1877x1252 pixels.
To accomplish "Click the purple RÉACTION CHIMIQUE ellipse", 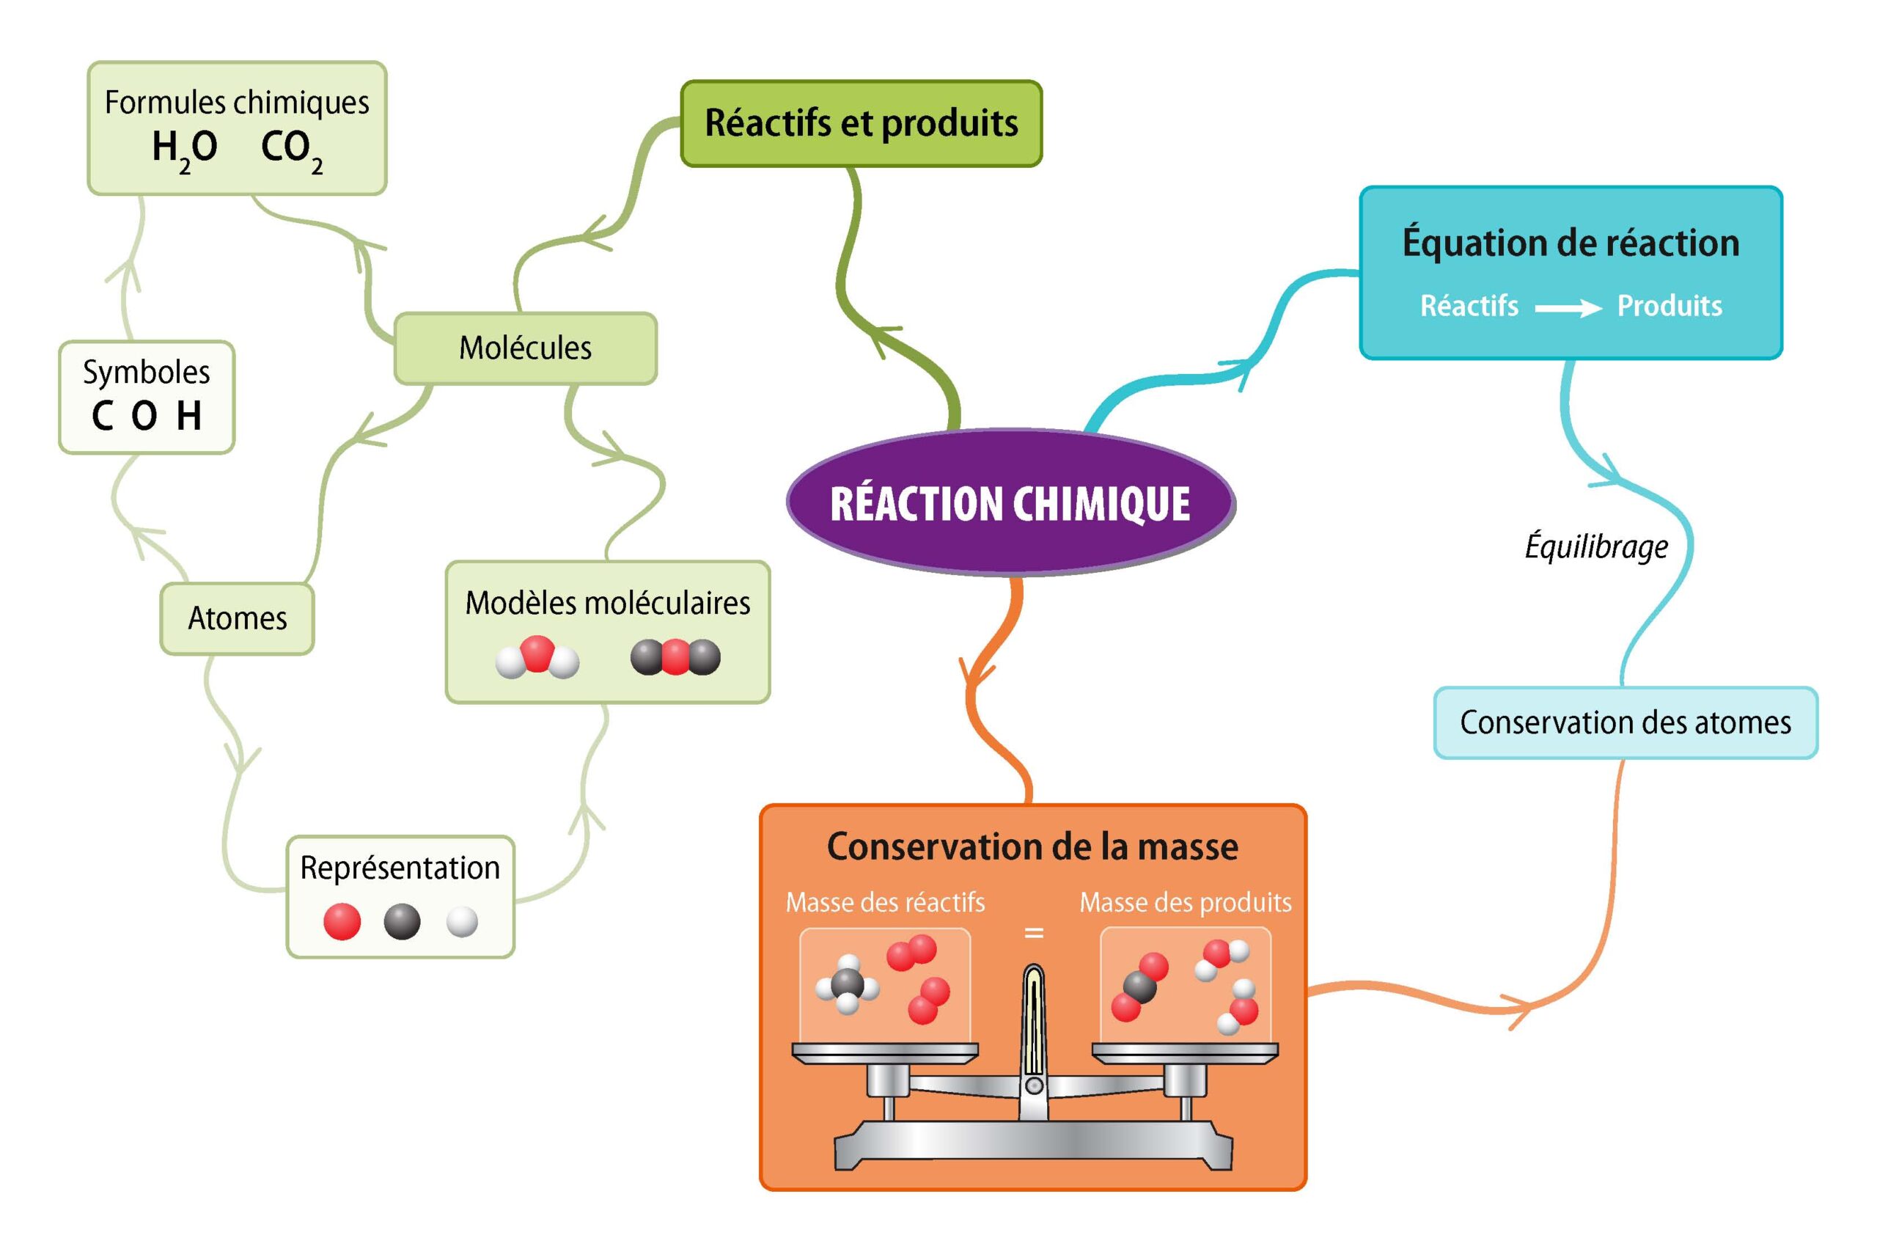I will [x=1010, y=503].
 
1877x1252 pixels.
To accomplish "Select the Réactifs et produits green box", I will [x=861, y=124].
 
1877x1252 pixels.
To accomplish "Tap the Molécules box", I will [x=525, y=348].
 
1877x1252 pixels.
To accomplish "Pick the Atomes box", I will [x=237, y=619].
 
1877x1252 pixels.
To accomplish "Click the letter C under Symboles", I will [x=102, y=416].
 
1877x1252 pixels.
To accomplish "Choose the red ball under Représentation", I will [x=342, y=921].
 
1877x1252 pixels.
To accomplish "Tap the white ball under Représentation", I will [x=462, y=921].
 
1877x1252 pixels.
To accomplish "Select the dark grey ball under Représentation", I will [x=401, y=921].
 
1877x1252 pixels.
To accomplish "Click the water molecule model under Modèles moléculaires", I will [x=537, y=658].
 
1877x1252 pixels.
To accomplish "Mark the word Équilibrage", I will [x=1596, y=548].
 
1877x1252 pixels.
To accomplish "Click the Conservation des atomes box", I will [x=1625, y=722].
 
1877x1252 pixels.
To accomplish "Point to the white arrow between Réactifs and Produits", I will [x=1568, y=308].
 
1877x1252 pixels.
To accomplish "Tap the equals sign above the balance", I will [x=1034, y=933].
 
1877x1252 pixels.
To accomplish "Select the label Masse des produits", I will [x=1185, y=903].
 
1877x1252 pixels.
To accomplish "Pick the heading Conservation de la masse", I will [x=1032, y=847].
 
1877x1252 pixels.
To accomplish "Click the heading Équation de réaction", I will [x=1571, y=244].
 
